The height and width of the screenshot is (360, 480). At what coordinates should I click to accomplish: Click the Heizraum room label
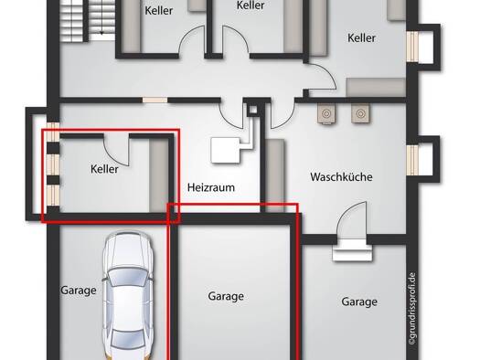tap(211, 187)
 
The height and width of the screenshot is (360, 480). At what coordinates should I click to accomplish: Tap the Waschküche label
tap(341, 176)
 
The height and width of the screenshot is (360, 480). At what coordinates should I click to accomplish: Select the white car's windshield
tap(128, 277)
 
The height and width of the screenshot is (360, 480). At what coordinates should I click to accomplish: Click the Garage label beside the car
tap(79, 291)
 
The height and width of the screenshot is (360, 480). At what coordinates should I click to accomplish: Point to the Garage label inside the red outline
tap(226, 296)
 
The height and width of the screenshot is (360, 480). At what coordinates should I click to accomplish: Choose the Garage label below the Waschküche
tap(359, 302)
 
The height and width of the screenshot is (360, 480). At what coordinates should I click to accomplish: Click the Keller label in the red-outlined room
tap(104, 169)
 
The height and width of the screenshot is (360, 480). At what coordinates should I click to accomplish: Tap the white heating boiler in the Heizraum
tap(226, 150)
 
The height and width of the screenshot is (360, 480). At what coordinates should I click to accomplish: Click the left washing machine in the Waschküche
tap(326, 113)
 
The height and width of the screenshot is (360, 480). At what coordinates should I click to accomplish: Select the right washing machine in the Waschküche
tap(360, 113)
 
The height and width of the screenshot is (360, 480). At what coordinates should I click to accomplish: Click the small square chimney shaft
tap(253, 110)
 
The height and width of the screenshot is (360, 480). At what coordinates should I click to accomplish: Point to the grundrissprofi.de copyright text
tap(412, 309)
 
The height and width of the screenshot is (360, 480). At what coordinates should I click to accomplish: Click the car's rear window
tap(128, 339)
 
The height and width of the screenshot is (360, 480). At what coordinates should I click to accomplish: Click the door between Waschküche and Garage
tap(351, 220)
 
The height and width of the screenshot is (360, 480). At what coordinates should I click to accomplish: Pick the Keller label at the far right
tap(361, 38)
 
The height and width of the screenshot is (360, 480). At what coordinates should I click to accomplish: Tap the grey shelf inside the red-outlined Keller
tap(158, 175)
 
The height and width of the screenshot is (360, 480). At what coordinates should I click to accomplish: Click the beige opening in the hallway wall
tap(155, 100)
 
